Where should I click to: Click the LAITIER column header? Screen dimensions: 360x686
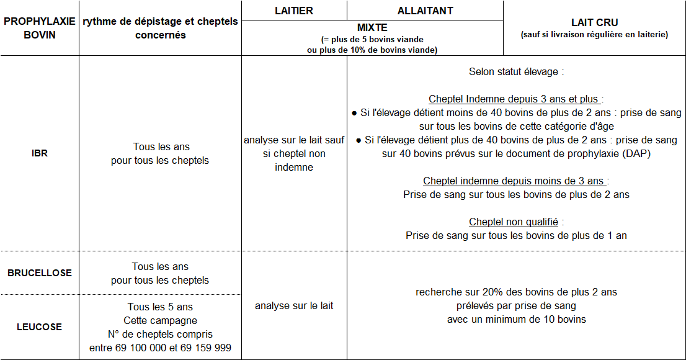point(294,11)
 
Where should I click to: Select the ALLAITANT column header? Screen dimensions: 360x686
point(425,11)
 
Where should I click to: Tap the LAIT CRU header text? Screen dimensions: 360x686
point(594,23)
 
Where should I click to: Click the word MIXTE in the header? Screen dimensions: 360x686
point(372,28)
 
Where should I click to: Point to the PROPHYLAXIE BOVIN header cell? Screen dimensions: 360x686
point(39,29)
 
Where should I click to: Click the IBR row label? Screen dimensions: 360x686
point(39,154)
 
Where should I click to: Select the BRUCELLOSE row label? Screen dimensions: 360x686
point(39,273)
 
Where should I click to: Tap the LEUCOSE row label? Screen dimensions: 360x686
point(39,327)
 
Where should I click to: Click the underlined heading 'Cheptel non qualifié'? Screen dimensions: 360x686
point(513,222)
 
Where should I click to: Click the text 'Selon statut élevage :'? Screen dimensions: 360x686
point(516,71)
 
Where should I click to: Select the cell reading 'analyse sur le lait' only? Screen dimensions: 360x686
point(294,306)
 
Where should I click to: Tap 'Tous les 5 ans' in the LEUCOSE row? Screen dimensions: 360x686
point(160,307)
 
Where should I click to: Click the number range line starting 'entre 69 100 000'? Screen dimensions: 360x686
point(160,348)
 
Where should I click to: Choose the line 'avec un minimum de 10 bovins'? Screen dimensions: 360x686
point(516,320)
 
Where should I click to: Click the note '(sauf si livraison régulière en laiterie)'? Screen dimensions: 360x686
point(594,35)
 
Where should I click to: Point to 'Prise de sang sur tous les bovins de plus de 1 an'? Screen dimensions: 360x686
point(516,236)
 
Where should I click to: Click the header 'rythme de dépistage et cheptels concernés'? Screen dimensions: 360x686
point(160,29)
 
